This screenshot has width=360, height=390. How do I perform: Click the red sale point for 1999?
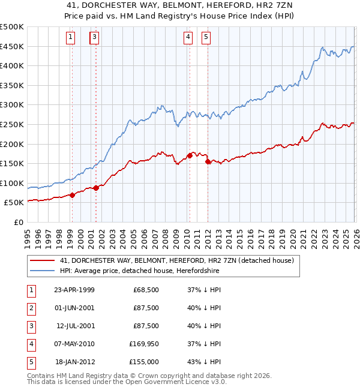point(72,195)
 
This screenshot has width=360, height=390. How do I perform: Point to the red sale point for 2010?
point(190,155)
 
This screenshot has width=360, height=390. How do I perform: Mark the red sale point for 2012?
point(208,161)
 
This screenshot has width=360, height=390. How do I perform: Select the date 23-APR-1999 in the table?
point(74,290)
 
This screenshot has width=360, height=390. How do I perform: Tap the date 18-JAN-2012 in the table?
point(74,362)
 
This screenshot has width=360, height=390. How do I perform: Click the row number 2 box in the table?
point(31,308)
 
